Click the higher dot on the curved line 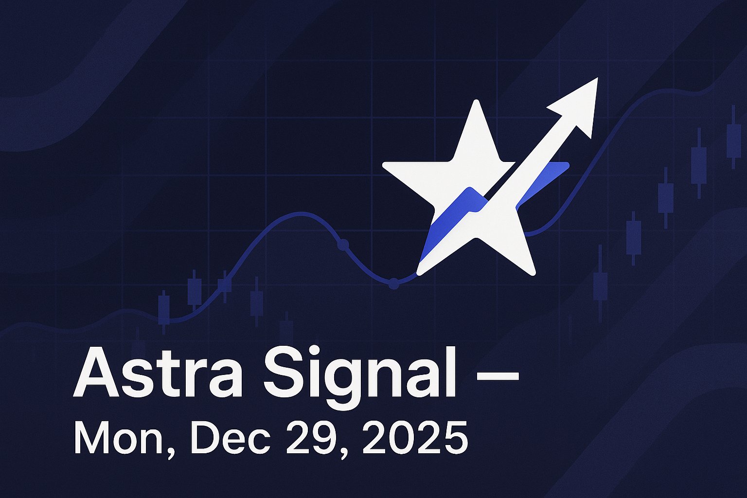tap(343, 245)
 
